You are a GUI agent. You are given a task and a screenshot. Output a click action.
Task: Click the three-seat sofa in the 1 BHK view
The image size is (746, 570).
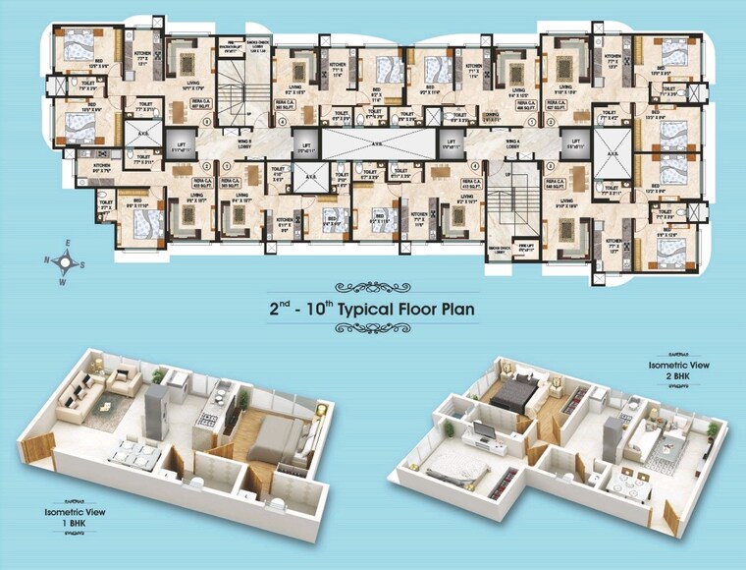[78, 394]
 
